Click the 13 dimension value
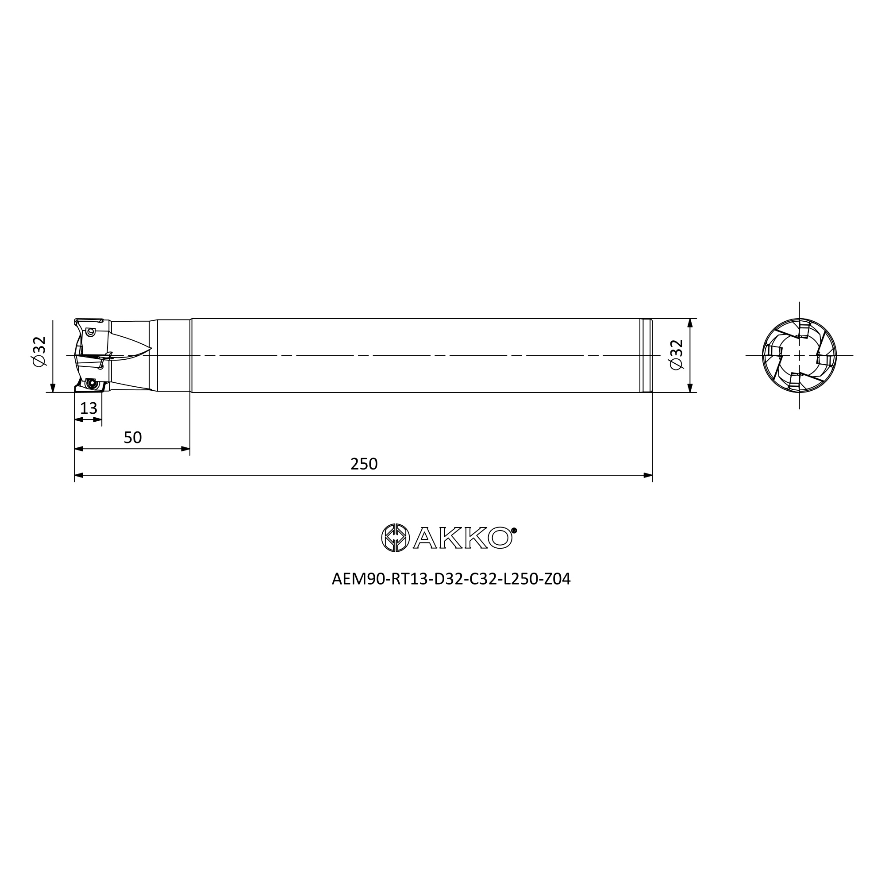88,408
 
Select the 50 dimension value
133,438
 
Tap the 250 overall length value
364,464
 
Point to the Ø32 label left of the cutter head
40,351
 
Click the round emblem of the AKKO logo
396,538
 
